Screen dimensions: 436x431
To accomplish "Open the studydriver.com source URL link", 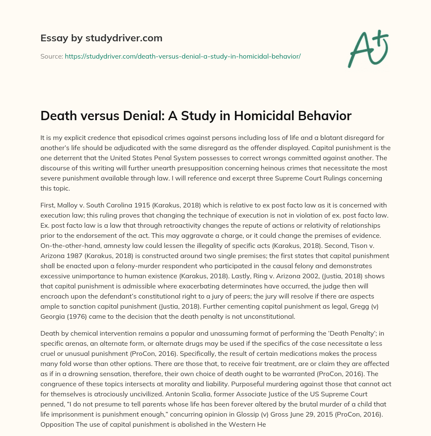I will [183, 56].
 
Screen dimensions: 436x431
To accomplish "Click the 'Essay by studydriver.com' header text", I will [101, 38].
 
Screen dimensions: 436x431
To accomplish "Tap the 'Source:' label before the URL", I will [51, 56].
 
